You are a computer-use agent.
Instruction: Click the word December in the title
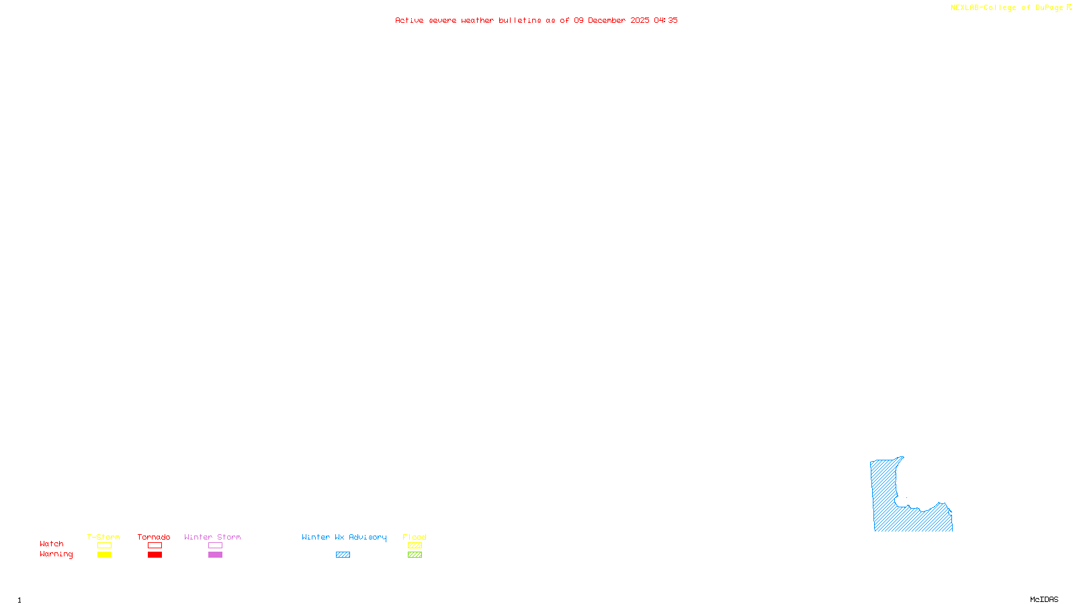607,21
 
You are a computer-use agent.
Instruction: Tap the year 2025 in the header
640,21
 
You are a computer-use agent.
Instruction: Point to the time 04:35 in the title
666,21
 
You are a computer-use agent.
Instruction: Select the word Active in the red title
409,21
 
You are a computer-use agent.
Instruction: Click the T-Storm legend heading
103,537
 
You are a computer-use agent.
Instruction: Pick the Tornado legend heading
154,537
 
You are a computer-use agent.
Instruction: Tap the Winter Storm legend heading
212,537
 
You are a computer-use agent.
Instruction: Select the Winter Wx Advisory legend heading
344,537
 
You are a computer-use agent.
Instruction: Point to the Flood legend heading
415,537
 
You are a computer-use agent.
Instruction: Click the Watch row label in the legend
52,544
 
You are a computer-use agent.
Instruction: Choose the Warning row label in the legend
56,554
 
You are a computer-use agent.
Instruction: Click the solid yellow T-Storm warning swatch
104,555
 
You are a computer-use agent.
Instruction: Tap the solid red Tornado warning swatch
155,555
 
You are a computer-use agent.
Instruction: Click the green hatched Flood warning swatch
415,555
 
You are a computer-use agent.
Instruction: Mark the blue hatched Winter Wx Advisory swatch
343,555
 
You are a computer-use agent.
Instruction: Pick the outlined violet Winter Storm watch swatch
215,546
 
